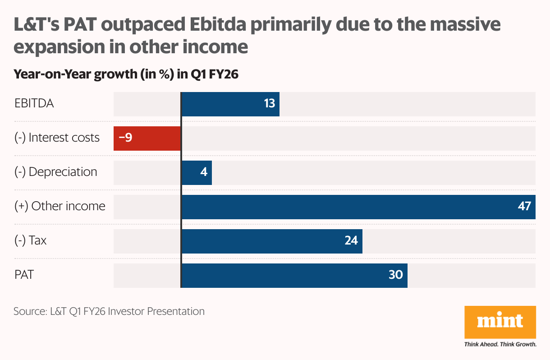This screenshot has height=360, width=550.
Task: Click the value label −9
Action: [x=125, y=138]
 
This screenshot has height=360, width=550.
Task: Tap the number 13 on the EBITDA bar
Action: [x=269, y=104]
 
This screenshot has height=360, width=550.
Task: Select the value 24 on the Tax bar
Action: [x=351, y=241]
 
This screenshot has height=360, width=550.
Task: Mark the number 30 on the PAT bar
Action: [x=395, y=275]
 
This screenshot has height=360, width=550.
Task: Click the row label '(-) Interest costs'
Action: [x=57, y=138]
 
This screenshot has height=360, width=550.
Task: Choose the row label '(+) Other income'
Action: [x=60, y=206]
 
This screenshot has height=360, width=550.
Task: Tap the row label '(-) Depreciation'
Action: [x=55, y=172]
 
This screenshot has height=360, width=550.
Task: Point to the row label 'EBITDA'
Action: [x=34, y=103]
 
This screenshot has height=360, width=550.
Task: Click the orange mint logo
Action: [x=500, y=322]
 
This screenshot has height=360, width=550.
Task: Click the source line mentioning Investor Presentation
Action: [x=109, y=311]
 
